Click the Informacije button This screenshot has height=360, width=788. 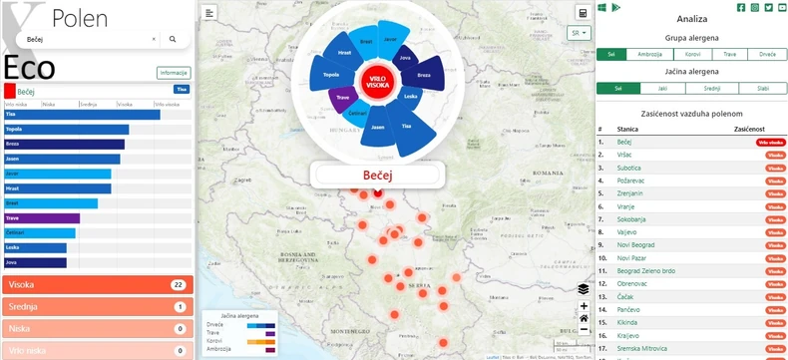(x=174, y=72)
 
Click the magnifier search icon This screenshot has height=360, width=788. (x=173, y=39)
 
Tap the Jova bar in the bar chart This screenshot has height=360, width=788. (x=35, y=262)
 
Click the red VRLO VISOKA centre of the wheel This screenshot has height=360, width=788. (x=378, y=82)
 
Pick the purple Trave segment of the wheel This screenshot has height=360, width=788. (x=343, y=98)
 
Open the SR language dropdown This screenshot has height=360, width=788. (x=579, y=33)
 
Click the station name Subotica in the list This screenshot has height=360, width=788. (x=629, y=168)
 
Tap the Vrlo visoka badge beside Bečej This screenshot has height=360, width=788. (x=771, y=143)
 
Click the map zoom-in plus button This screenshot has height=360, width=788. (x=584, y=306)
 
